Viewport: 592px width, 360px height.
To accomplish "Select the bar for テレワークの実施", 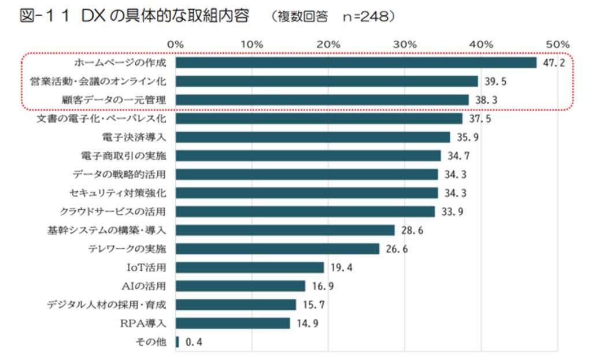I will coord(277,248).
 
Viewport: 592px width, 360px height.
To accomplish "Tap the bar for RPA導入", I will coord(232,323).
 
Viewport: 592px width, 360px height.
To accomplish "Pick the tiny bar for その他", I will coord(177,342).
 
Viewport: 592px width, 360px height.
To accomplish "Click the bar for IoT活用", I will coord(249,267).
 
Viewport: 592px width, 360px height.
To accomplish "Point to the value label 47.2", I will coord(554,63).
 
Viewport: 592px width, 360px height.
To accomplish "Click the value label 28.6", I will coord(412,230).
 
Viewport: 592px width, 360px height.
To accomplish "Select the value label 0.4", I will coord(194,342).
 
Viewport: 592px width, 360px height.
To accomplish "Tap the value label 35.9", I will coord(468,138).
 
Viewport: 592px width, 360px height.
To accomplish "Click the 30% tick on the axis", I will coord(405,44).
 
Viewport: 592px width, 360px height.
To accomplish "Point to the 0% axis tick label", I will coord(175,44).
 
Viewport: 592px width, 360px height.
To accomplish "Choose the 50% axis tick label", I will coord(558,44).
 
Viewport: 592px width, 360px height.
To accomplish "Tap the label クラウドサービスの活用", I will coord(113,211).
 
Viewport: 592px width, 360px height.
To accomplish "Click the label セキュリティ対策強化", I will coord(117,192).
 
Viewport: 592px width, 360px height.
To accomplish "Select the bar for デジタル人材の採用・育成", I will coord(235,305).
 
